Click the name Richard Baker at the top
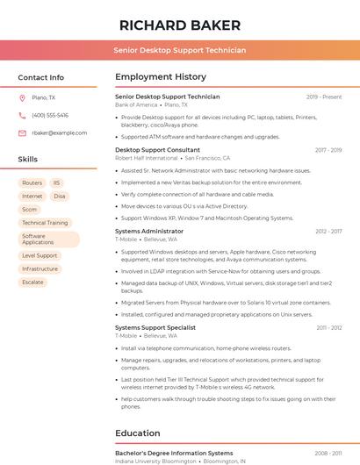[179, 25]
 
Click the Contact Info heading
[40, 77]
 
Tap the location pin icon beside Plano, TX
[22, 97]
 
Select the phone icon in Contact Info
[22, 115]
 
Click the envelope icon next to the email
[22, 132]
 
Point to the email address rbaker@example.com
[60, 132]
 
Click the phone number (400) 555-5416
[50, 115]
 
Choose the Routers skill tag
[32, 183]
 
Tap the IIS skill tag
[56, 183]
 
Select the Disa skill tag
[60, 197]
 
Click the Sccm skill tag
[30, 210]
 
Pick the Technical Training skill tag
[45, 223]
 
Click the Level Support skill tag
[40, 255]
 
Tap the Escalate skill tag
[32, 282]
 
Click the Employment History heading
[161, 77]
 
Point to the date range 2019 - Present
[324, 97]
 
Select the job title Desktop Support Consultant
[157, 150]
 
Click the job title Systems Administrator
[149, 231]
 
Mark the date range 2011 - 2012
[329, 327]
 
